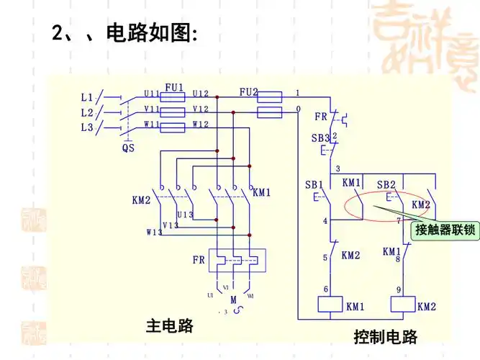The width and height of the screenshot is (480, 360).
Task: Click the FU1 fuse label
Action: pyautogui.click(x=174, y=87)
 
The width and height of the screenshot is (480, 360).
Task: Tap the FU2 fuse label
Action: pyautogui.click(x=248, y=92)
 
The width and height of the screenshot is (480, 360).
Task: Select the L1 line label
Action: pyautogui.click(x=87, y=96)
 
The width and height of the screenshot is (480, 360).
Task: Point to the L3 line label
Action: pyautogui.click(x=87, y=127)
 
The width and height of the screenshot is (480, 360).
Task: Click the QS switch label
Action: pyautogui.click(x=127, y=148)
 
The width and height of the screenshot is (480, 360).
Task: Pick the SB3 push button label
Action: pyautogui.click(x=320, y=138)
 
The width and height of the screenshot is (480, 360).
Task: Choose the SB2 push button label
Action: pyautogui.click(x=386, y=185)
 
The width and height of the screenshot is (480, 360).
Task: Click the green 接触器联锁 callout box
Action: pyautogui.click(x=445, y=230)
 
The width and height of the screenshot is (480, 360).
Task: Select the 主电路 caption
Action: pyautogui.click(x=170, y=325)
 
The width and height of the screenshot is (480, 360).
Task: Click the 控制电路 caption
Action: pyautogui.click(x=385, y=336)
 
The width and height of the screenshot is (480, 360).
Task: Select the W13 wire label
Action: pyautogui.click(x=154, y=232)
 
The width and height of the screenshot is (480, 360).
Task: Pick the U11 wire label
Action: pyautogui.click(x=152, y=94)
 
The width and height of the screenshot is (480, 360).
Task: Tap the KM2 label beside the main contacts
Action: pyautogui.click(x=141, y=199)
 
